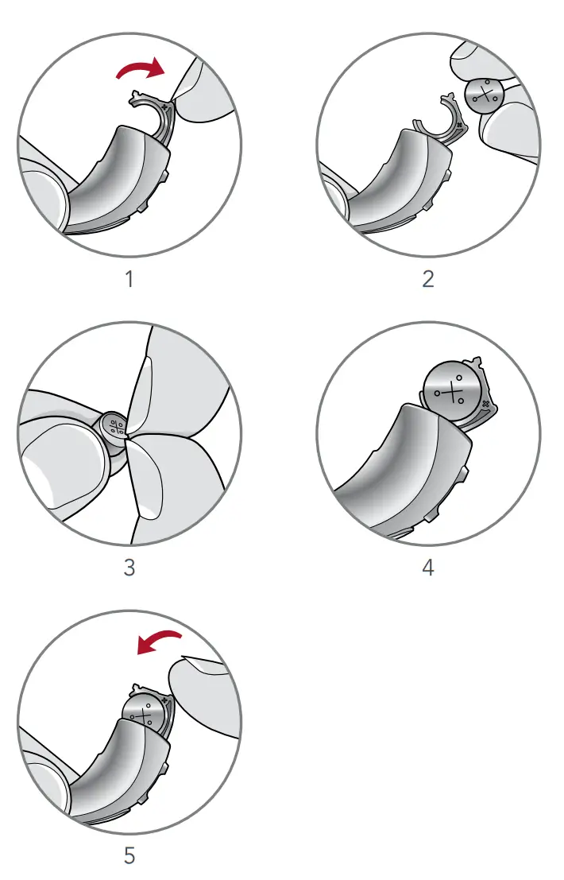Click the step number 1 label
[x=129, y=279]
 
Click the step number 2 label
[x=428, y=279]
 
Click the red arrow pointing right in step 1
[x=141, y=71]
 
